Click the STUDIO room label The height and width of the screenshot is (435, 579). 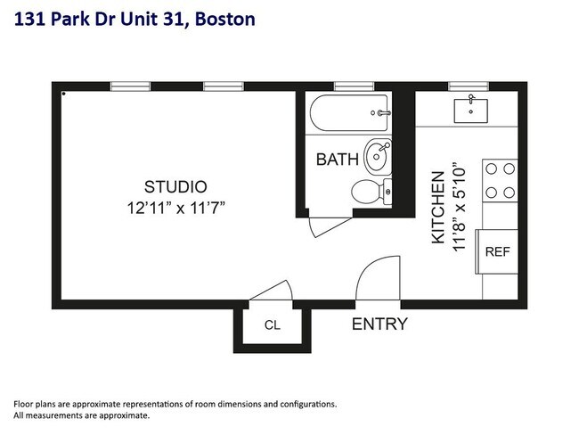175,187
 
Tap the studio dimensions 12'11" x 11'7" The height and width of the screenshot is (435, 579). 175,209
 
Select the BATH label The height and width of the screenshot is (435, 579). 338,160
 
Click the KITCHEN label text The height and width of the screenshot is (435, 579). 439,208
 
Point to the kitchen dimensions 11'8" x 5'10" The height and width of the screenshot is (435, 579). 460,207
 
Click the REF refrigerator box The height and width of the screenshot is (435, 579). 497,251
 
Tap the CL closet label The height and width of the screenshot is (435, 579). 272,325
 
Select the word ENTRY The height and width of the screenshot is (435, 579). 379,324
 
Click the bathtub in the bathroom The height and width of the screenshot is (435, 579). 349,114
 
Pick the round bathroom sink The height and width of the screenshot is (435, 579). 378,157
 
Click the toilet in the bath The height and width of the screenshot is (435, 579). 369,190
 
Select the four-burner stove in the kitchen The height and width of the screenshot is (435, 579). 500,180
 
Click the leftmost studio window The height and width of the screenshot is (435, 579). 130,86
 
